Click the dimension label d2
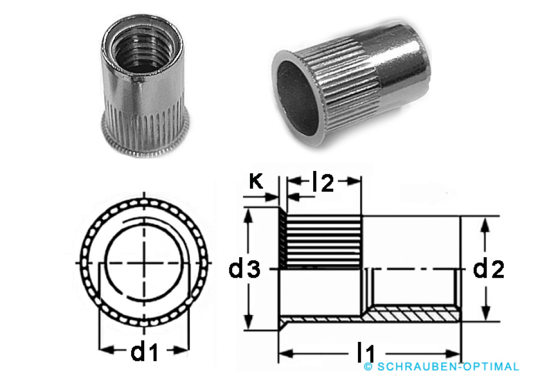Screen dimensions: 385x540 point(489,269)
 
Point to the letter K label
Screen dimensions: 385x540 point(256,182)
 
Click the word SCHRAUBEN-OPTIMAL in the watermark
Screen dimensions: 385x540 point(448,367)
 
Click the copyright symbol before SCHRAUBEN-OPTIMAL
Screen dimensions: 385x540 point(369,367)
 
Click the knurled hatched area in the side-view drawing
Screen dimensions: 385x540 point(323,241)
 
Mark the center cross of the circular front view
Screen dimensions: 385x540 point(144,263)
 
